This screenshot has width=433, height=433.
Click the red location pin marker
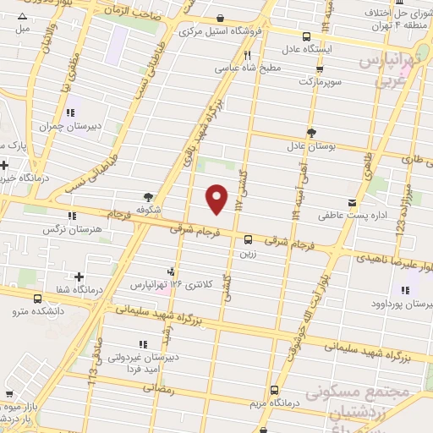click(218, 198)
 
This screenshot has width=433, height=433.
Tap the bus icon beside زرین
click(248, 239)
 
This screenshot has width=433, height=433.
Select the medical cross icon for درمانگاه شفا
click(79, 277)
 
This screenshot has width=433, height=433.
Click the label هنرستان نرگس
click(73, 228)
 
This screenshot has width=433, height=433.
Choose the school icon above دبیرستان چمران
click(71, 113)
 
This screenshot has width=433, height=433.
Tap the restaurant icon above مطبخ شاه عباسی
click(248, 54)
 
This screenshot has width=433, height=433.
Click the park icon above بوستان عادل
click(311, 131)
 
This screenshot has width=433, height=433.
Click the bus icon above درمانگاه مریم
click(274, 390)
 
